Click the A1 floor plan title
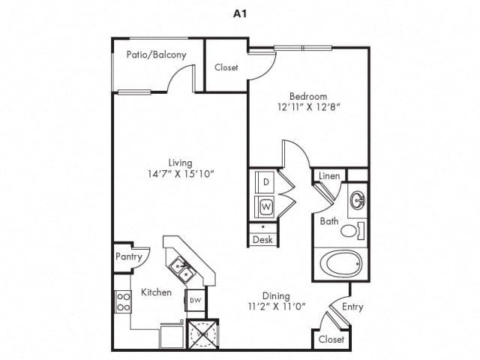(x=240, y=13)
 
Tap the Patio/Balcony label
(x=157, y=55)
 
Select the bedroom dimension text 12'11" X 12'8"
(x=308, y=107)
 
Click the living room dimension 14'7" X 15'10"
(x=181, y=174)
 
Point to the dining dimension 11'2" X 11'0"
(x=277, y=306)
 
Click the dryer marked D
(x=265, y=181)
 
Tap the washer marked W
(x=265, y=207)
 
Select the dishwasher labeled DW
(x=195, y=300)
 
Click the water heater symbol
(x=202, y=334)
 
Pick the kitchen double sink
(x=181, y=270)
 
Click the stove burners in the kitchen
(x=123, y=301)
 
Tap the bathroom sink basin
(x=358, y=200)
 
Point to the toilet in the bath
(x=352, y=231)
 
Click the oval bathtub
(x=340, y=263)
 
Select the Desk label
(x=262, y=240)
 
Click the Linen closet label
(x=329, y=176)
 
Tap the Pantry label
(x=129, y=256)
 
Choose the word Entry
(x=352, y=307)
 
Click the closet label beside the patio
(x=226, y=67)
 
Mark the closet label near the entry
(x=331, y=339)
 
